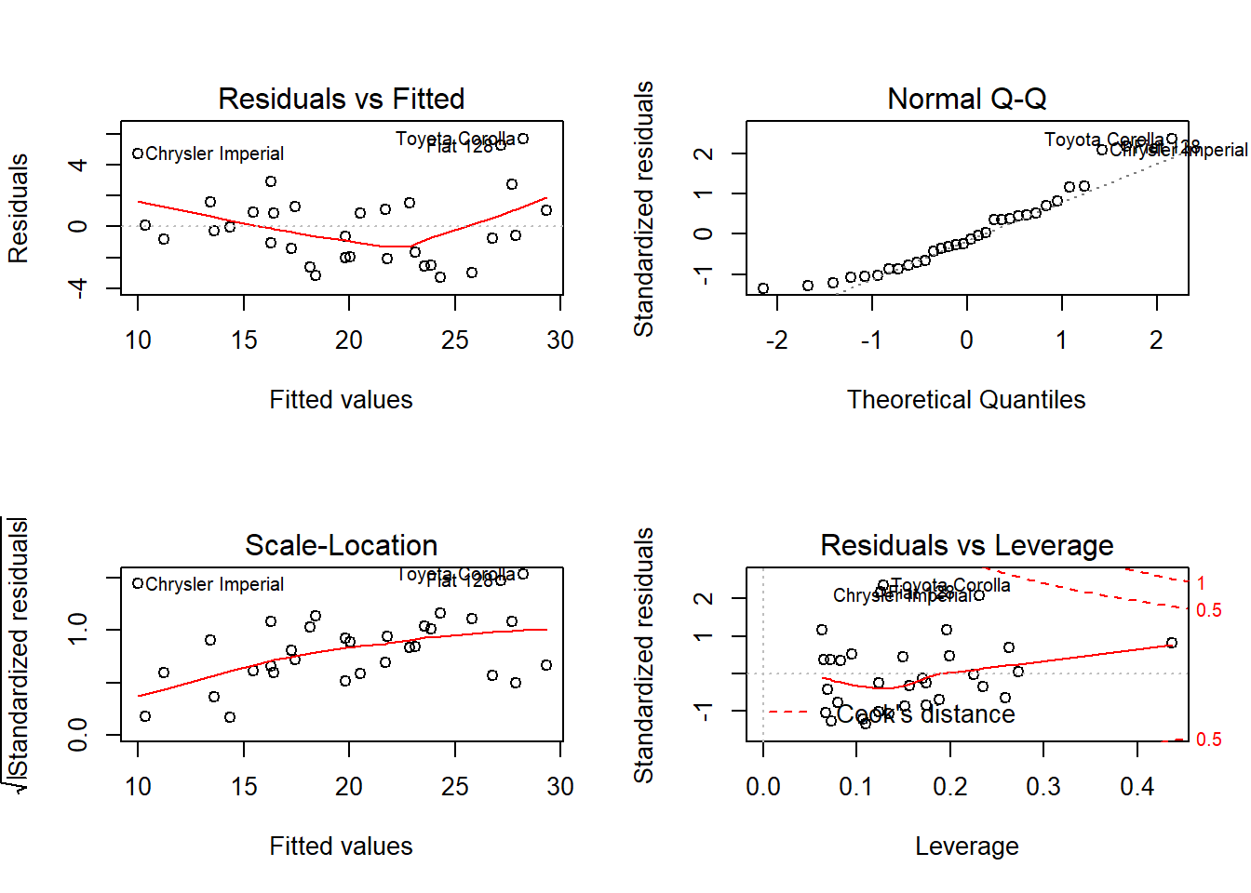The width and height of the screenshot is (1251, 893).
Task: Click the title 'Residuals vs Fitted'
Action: click(x=341, y=99)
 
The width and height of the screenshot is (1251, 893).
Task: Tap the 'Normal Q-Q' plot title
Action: click(x=966, y=99)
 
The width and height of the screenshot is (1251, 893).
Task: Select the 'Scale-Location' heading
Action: click(x=341, y=545)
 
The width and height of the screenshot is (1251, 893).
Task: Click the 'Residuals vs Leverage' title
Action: click(x=966, y=545)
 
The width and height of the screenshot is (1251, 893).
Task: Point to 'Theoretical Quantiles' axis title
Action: click(x=966, y=400)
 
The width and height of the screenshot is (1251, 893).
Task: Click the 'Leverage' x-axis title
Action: click(x=966, y=846)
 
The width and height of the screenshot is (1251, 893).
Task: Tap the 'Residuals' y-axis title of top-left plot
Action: click(x=19, y=208)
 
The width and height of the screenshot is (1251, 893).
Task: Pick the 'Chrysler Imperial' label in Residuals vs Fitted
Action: click(x=214, y=153)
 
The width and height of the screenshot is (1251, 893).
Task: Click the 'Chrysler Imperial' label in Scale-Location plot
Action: click(x=214, y=584)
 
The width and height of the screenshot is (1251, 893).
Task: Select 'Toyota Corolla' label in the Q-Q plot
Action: click(x=1104, y=140)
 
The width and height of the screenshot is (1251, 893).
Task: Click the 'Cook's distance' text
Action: click(x=925, y=714)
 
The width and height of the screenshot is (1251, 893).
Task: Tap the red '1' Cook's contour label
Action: click(x=1201, y=583)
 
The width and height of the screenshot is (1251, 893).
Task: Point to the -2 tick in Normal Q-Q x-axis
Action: click(x=777, y=340)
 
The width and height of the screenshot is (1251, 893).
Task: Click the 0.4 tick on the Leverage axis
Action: click(x=1137, y=787)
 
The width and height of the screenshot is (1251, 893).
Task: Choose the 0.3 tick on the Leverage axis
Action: click(x=1043, y=787)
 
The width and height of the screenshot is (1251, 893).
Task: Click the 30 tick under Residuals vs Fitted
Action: click(x=560, y=340)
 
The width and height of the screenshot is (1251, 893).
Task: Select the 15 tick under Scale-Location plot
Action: click(x=244, y=787)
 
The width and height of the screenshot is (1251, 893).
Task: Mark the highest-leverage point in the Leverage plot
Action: click(x=1172, y=643)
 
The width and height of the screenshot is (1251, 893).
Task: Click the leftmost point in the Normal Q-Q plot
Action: click(x=763, y=288)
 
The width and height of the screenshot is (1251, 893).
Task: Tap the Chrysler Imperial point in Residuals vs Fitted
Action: click(x=138, y=153)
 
